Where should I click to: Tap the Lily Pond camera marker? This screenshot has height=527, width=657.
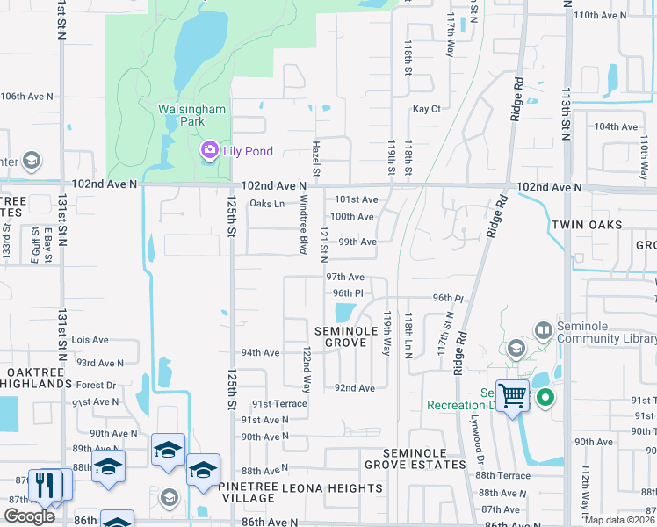coord(209,151)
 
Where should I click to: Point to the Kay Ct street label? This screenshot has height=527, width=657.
coord(426,109)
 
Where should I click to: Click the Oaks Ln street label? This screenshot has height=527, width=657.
coord(267,204)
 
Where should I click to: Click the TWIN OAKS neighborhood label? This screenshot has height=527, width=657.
coord(587,225)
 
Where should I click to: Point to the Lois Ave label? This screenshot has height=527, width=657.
coord(90,340)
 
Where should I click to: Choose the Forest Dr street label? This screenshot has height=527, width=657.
coord(96,385)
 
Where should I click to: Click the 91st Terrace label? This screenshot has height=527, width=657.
coord(279,404)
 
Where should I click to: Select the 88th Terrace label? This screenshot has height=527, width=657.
coord(503,475)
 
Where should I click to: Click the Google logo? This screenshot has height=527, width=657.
coord(29,516)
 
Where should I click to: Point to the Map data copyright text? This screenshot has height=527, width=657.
coord(618,520)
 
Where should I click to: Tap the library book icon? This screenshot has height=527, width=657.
coord(543,330)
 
